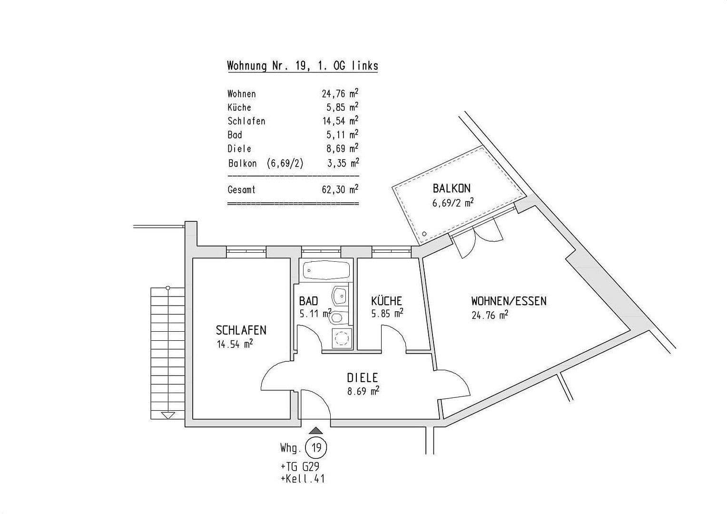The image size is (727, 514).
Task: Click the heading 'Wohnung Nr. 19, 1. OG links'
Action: (303, 66)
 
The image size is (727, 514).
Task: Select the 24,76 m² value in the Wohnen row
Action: (340, 94)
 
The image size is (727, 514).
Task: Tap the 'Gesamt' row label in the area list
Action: (241, 190)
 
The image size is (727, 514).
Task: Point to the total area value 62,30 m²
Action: (340, 190)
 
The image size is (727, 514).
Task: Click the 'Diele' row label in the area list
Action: (239, 149)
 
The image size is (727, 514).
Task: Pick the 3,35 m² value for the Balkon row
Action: (341, 163)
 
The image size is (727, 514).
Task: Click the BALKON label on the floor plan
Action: (452, 188)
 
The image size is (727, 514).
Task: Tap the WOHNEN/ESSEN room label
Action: (509, 301)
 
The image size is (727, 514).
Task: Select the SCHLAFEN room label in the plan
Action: (241, 330)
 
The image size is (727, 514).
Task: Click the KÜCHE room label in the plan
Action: (386, 301)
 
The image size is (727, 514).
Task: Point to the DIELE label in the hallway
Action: (362, 378)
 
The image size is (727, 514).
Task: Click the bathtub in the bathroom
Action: (327, 271)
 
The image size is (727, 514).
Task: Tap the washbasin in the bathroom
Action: (340, 296)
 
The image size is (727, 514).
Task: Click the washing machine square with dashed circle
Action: (341, 338)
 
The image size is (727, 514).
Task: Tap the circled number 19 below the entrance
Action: (316, 448)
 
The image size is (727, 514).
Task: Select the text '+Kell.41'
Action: (303, 478)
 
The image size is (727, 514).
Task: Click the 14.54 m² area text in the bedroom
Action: (235, 344)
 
